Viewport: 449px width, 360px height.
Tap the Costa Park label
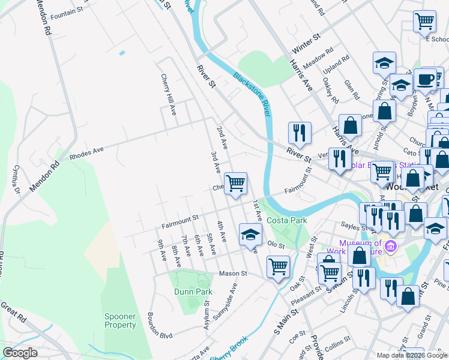(x=287, y=220)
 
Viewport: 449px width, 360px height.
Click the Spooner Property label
(x=120, y=320)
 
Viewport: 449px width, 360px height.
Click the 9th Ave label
(x=161, y=250)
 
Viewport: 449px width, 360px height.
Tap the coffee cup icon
(x=425, y=79)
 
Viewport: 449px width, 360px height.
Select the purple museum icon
(x=391, y=246)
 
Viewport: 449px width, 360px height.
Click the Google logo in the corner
(x=20, y=353)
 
